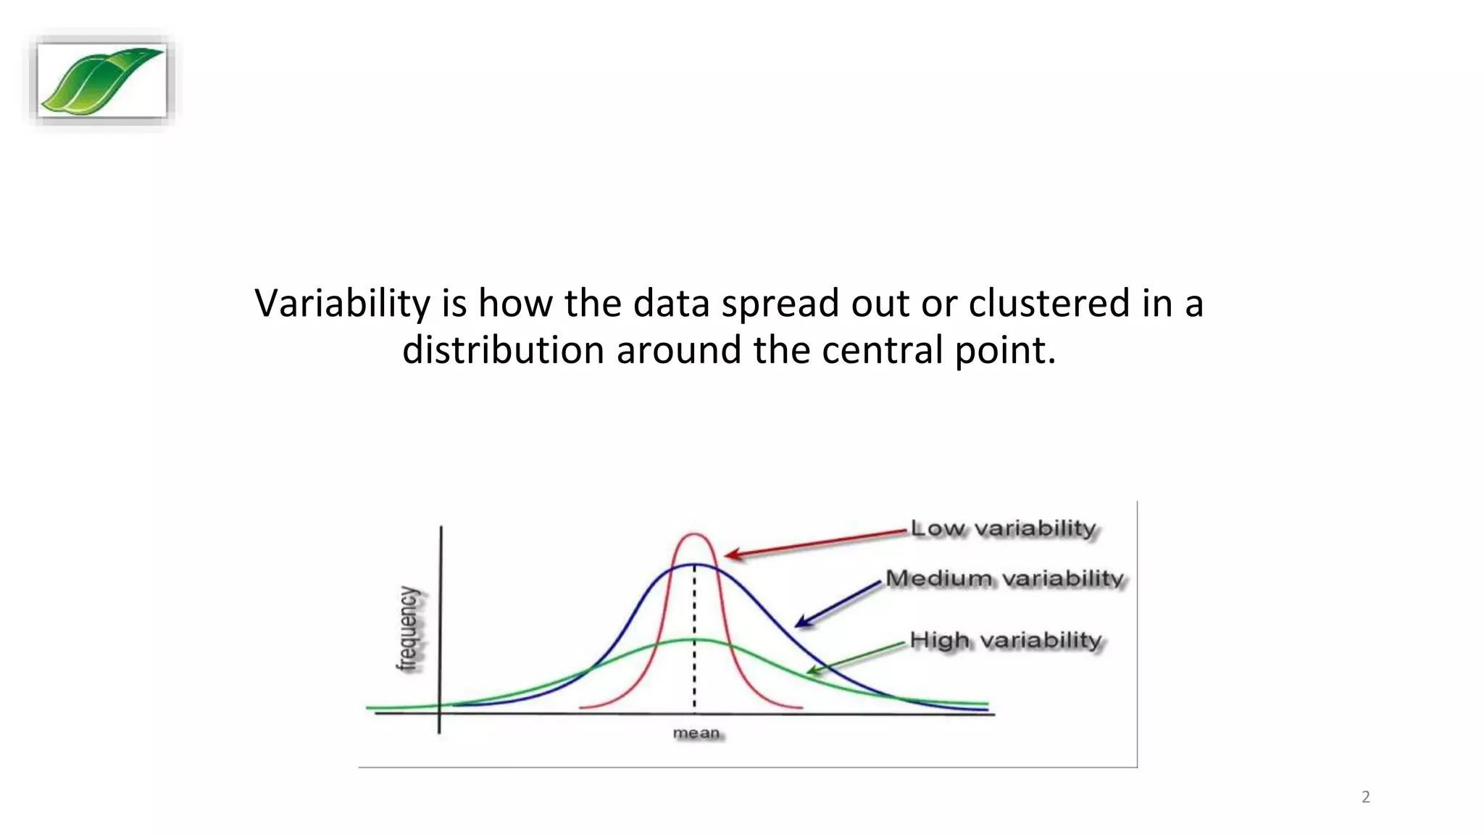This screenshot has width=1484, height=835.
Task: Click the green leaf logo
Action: (101, 80)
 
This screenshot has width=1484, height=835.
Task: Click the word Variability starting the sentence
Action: (342, 303)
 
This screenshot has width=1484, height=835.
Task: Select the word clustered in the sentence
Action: (1049, 303)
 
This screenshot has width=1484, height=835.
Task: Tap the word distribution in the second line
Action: (503, 350)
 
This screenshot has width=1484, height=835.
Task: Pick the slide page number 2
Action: (1365, 797)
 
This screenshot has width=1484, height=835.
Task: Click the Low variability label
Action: (1003, 528)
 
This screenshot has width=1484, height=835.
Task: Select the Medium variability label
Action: (1004, 578)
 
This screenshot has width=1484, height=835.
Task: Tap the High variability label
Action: (1005, 640)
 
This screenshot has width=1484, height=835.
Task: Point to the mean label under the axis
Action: (696, 733)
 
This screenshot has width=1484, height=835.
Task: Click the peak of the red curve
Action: (694, 535)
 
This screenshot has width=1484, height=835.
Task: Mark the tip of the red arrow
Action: (727, 556)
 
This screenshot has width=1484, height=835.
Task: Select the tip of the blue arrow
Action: (796, 626)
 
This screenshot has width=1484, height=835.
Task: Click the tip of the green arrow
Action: (809, 673)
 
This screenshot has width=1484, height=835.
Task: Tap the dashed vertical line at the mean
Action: (694, 652)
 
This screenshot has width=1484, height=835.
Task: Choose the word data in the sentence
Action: (670, 303)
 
